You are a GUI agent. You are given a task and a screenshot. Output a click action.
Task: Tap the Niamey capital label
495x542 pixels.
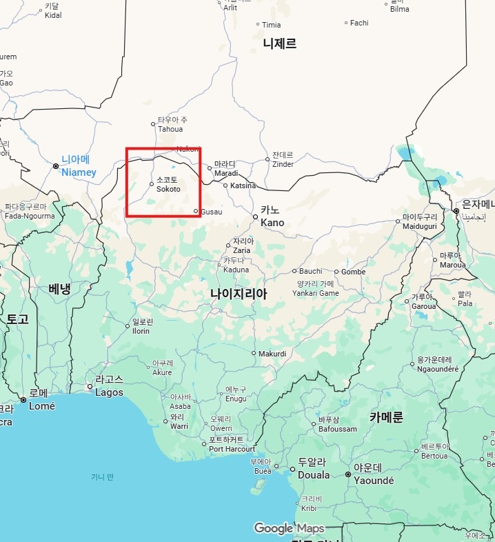pos(79,166)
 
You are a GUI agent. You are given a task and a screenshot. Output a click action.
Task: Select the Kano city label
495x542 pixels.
pos(272,216)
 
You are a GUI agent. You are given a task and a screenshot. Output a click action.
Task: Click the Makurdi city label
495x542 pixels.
pos(272,354)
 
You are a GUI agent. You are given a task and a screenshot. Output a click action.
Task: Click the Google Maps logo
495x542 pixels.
pos(289,528)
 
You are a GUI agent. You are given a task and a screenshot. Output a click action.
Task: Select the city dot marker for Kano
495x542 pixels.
pos(255,217)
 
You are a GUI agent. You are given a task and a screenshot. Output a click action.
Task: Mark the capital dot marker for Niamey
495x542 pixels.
pos(56,166)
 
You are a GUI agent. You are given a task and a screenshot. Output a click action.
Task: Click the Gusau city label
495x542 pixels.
pos(211,212)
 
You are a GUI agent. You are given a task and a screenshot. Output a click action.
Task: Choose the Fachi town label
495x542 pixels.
pos(359,23)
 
